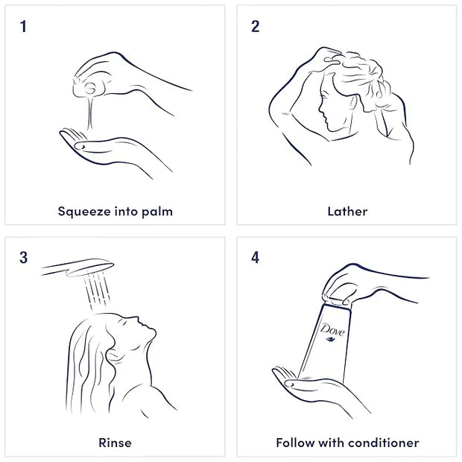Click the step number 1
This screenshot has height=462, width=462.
23,26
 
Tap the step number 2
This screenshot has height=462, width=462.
255,26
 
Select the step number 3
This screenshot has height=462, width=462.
24,258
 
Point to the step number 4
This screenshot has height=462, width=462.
255,258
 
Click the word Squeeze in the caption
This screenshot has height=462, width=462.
84,212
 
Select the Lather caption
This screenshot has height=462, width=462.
347,212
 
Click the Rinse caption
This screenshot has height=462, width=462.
115,443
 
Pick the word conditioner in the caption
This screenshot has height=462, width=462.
383,443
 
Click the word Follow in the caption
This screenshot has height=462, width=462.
295,443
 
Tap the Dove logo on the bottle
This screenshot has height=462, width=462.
332,332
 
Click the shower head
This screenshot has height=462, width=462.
78,268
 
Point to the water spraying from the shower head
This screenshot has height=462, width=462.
97,291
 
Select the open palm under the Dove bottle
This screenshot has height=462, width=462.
312,386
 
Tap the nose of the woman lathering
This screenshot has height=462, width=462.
320,108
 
